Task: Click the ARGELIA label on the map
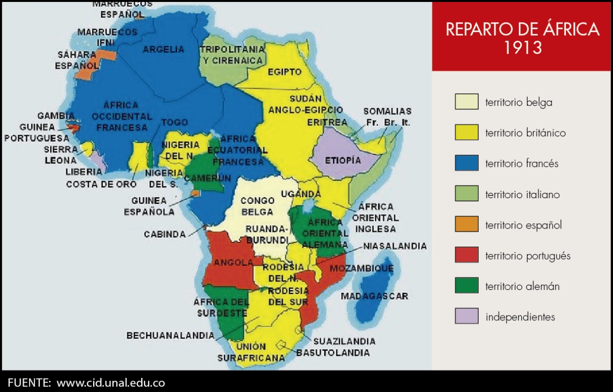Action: click(164, 50)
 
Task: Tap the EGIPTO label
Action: click(284, 72)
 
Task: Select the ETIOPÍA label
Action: click(343, 160)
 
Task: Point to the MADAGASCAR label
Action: click(374, 296)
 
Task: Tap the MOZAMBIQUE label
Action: click(361, 268)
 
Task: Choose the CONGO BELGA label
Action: click(257, 206)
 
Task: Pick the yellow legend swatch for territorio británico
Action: click(466, 132)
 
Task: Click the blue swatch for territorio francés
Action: click(466, 163)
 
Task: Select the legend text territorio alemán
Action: click(522, 287)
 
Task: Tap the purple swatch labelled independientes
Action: click(466, 316)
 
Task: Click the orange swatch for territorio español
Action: click(466, 225)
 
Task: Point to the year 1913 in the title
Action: click(522, 48)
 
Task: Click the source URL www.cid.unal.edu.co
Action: click(111, 382)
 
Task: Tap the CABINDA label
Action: click(164, 235)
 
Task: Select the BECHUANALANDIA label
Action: click(170, 336)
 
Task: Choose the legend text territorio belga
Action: click(518, 103)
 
